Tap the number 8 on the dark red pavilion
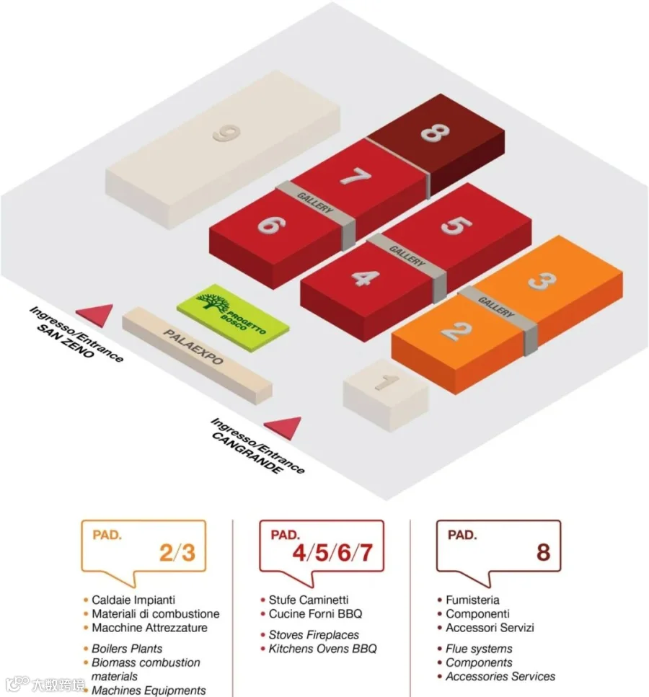click(436, 133)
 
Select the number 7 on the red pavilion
click(356, 176)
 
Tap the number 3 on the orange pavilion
click(542, 280)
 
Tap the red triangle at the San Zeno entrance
click(95, 314)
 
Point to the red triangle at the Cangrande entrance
click(283, 427)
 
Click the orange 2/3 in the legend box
click(177, 553)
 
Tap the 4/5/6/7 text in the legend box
click(332, 553)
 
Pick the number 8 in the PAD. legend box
click(543, 553)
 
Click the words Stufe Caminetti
click(309, 600)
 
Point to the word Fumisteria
click(472, 600)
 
